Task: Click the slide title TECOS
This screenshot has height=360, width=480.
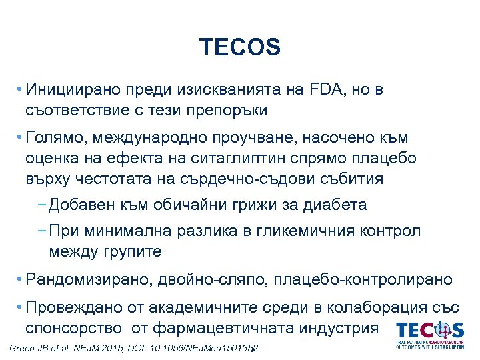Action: [240, 47]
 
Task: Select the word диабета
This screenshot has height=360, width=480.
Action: [333, 205]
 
